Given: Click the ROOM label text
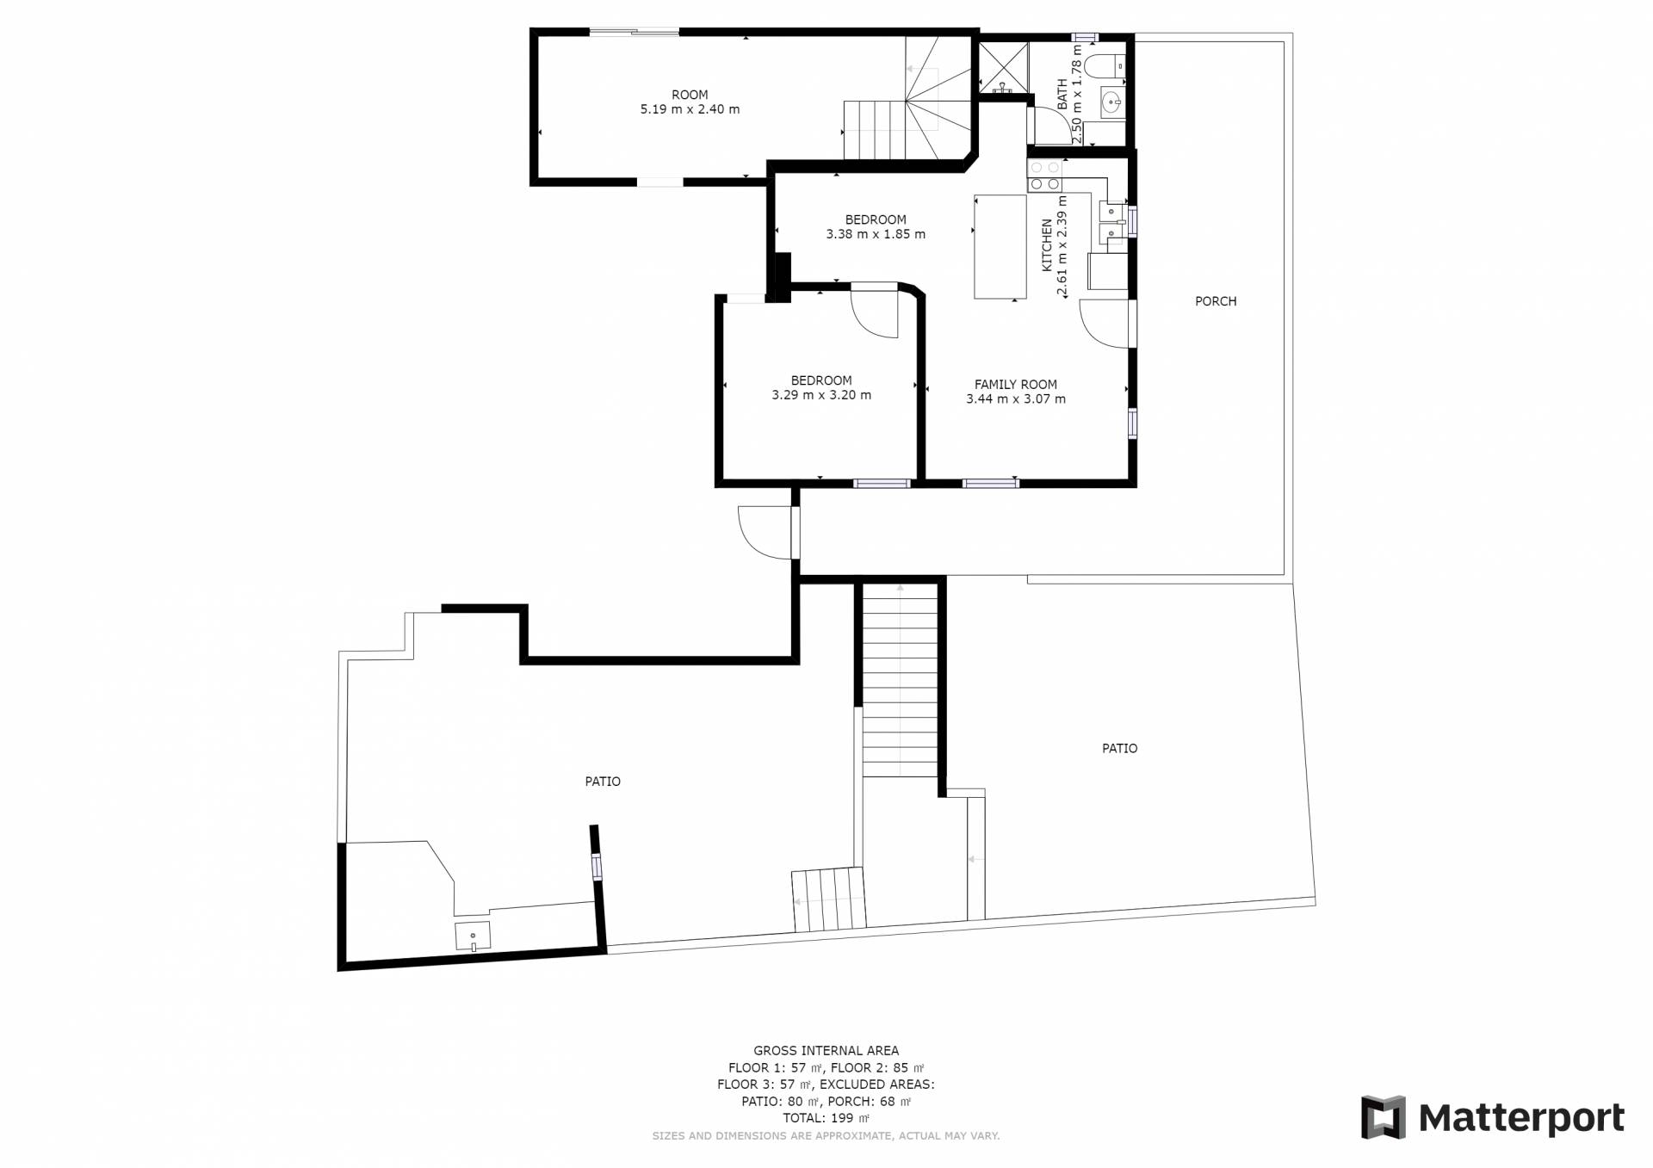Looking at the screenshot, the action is click(x=690, y=95).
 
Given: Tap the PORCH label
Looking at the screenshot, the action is click(x=1216, y=301).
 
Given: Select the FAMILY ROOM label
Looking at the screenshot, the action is click(x=1016, y=385).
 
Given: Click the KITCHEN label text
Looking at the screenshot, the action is click(x=1047, y=245).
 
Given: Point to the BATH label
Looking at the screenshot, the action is click(x=1062, y=94).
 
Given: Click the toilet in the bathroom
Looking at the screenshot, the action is click(x=1104, y=65).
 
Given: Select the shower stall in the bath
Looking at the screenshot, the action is click(x=1003, y=66).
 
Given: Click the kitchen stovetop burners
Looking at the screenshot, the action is click(x=1044, y=176).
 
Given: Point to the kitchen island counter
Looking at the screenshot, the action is click(x=1000, y=247).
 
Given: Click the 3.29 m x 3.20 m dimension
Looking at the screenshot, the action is click(x=821, y=395).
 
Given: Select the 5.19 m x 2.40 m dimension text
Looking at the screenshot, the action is click(x=690, y=109).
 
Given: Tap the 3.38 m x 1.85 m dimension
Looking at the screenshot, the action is click(x=876, y=234).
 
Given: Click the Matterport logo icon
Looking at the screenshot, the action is click(x=1383, y=1117).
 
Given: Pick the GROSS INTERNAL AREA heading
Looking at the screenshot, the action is click(x=826, y=1050).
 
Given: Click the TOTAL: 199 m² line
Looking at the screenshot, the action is click(x=826, y=1118).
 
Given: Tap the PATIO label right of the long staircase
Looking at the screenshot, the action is click(x=1119, y=749).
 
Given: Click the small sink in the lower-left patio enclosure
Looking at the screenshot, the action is click(x=473, y=936).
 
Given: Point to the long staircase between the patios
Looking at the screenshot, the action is click(x=900, y=680).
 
